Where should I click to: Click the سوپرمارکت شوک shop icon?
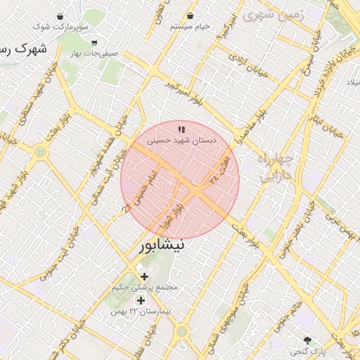(x=58, y=15)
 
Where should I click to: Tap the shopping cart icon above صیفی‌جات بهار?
(x=94, y=41)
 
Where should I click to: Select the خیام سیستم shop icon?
(x=190, y=15)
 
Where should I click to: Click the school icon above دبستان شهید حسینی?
(x=181, y=129)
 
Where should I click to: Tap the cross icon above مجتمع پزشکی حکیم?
(x=145, y=276)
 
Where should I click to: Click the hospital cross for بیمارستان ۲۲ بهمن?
(x=141, y=300)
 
